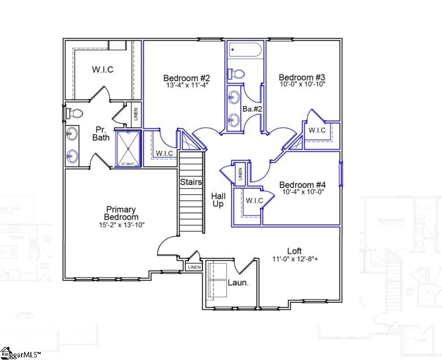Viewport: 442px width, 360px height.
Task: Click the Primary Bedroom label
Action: (x=120, y=213)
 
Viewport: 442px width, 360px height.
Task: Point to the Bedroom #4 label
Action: (x=302, y=184)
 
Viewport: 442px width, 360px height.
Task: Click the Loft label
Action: (x=294, y=251)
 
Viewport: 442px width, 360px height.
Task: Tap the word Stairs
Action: (x=191, y=182)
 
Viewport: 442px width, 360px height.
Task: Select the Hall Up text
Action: (x=219, y=200)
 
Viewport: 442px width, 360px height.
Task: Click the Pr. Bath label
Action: (x=101, y=133)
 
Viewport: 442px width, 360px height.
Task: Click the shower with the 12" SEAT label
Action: (x=129, y=148)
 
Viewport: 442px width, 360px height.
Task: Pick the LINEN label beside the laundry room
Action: (x=194, y=267)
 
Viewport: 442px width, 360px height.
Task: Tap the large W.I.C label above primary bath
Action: (x=103, y=70)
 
